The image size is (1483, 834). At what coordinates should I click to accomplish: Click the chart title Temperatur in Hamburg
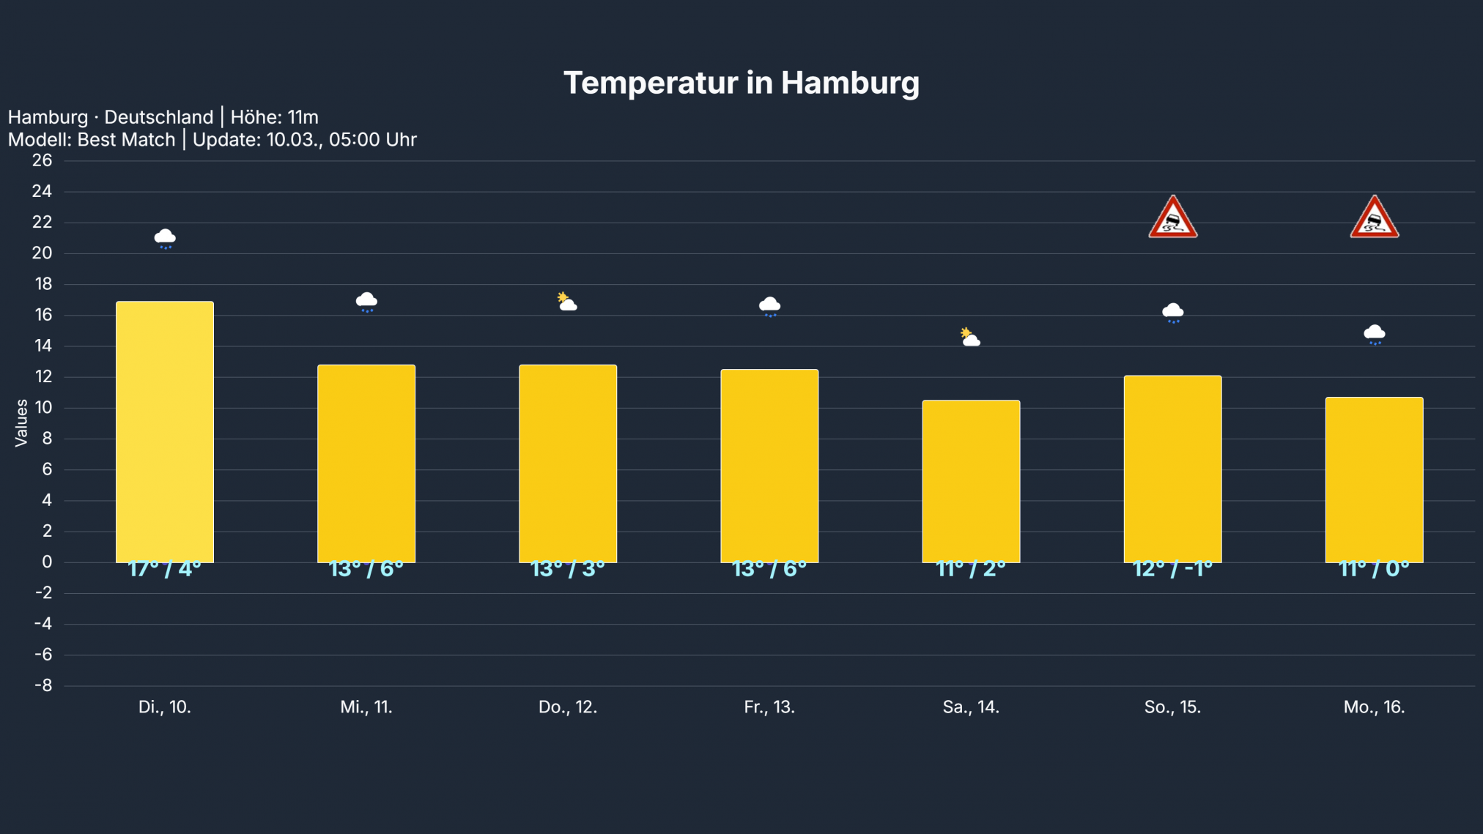(x=741, y=83)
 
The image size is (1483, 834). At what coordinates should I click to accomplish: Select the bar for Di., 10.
(x=165, y=432)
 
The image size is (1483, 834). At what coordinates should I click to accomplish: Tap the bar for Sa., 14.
(x=971, y=481)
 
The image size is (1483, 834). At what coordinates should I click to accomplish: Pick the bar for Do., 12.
(x=568, y=463)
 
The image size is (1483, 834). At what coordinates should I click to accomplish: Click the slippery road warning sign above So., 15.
(x=1172, y=218)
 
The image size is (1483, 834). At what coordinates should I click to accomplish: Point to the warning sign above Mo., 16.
(x=1374, y=218)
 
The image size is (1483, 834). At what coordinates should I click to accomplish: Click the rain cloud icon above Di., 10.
(x=165, y=239)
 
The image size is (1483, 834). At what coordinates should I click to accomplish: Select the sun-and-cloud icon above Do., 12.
(x=567, y=302)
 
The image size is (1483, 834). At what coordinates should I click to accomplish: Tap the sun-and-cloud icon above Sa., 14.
(x=970, y=337)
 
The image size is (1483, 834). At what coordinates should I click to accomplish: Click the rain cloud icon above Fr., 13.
(x=769, y=306)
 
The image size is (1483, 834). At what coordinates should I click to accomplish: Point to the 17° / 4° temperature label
(x=165, y=569)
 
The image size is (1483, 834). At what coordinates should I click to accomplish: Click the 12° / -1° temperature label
(x=1172, y=569)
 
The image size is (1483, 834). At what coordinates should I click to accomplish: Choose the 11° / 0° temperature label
(x=1374, y=569)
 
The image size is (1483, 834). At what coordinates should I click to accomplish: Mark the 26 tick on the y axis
(x=42, y=160)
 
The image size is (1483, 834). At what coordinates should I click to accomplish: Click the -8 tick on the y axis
(x=43, y=686)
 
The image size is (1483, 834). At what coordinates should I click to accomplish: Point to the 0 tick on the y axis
(x=47, y=562)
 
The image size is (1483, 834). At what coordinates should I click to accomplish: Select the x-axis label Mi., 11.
(x=366, y=707)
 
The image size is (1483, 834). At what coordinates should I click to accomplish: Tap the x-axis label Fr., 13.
(x=769, y=707)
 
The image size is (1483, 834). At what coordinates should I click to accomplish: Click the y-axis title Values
(x=21, y=422)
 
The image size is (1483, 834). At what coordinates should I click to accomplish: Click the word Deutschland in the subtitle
(x=158, y=117)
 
